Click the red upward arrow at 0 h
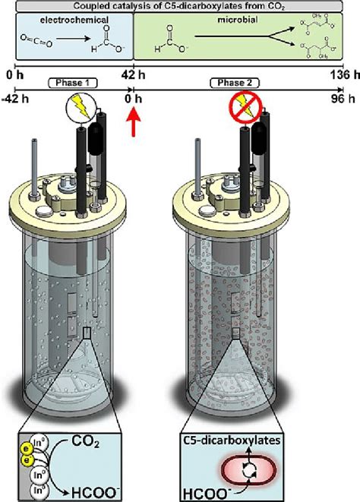coord(134,120)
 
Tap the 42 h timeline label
coord(133,74)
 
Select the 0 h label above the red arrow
coord(134,98)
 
